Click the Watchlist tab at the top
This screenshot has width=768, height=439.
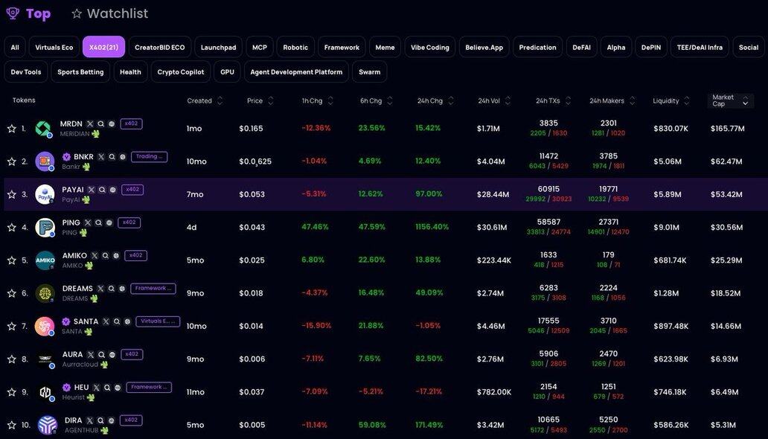pos(117,13)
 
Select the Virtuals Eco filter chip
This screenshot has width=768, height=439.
pos(54,47)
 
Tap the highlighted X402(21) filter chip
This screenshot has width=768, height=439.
pos(103,47)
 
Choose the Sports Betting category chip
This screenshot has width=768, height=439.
pos(80,71)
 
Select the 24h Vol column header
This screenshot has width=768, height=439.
pos(489,100)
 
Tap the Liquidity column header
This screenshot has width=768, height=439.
pos(666,100)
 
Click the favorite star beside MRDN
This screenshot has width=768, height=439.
pos(12,129)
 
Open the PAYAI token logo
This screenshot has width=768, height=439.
pos(45,194)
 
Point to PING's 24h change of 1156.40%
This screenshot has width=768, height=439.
pos(432,227)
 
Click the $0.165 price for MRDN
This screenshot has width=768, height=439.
pos(251,129)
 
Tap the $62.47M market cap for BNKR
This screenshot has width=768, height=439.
pos(726,161)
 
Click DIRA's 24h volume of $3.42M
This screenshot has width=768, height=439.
pos(490,425)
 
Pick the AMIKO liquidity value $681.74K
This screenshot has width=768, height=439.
pos(671,260)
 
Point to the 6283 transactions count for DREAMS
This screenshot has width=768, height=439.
pos(548,288)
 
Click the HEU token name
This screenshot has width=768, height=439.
pos(82,387)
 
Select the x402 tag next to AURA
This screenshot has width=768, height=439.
pos(132,354)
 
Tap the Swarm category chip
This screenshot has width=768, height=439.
pos(369,71)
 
